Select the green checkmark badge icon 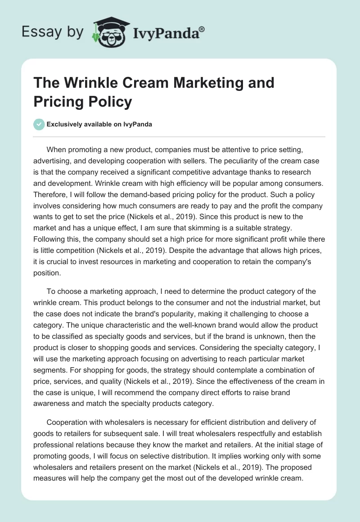tap(39, 124)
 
